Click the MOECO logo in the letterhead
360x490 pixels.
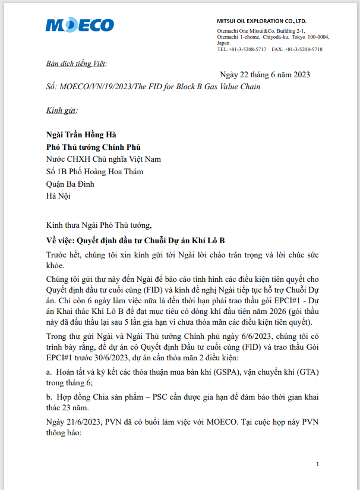click(80, 24)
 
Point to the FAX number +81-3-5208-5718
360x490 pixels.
click(304, 49)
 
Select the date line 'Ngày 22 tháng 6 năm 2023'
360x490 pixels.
click(265, 74)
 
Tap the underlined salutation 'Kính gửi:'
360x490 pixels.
click(62, 110)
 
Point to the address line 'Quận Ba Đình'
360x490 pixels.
click(70, 184)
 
